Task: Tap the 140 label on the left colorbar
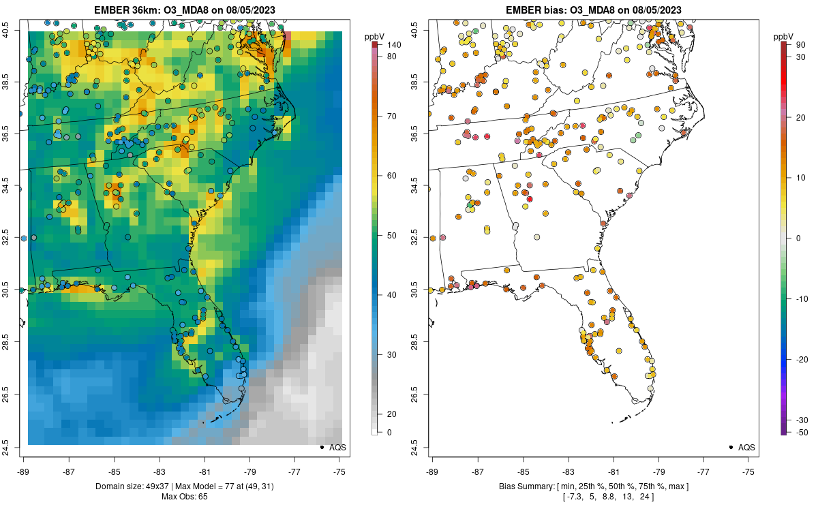pyautogui.click(x=393, y=45)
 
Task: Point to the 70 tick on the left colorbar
pyautogui.click(x=391, y=116)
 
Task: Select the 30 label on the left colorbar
pyautogui.click(x=391, y=354)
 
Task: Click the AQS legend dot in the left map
pyautogui.click(x=321, y=447)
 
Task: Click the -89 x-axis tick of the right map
pyautogui.click(x=432, y=471)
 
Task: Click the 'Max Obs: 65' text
pyautogui.click(x=184, y=496)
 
